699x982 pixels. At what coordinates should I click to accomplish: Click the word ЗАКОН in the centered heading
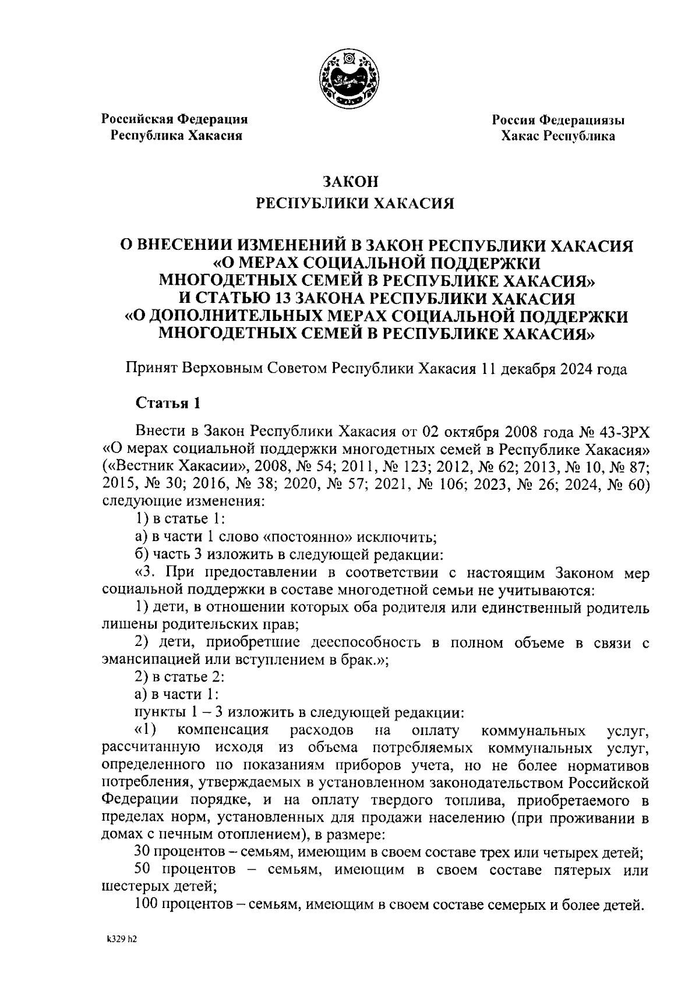coord(351,181)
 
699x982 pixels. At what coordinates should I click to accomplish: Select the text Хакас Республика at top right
coord(558,136)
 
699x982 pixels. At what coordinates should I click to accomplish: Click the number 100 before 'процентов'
coord(146,906)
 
